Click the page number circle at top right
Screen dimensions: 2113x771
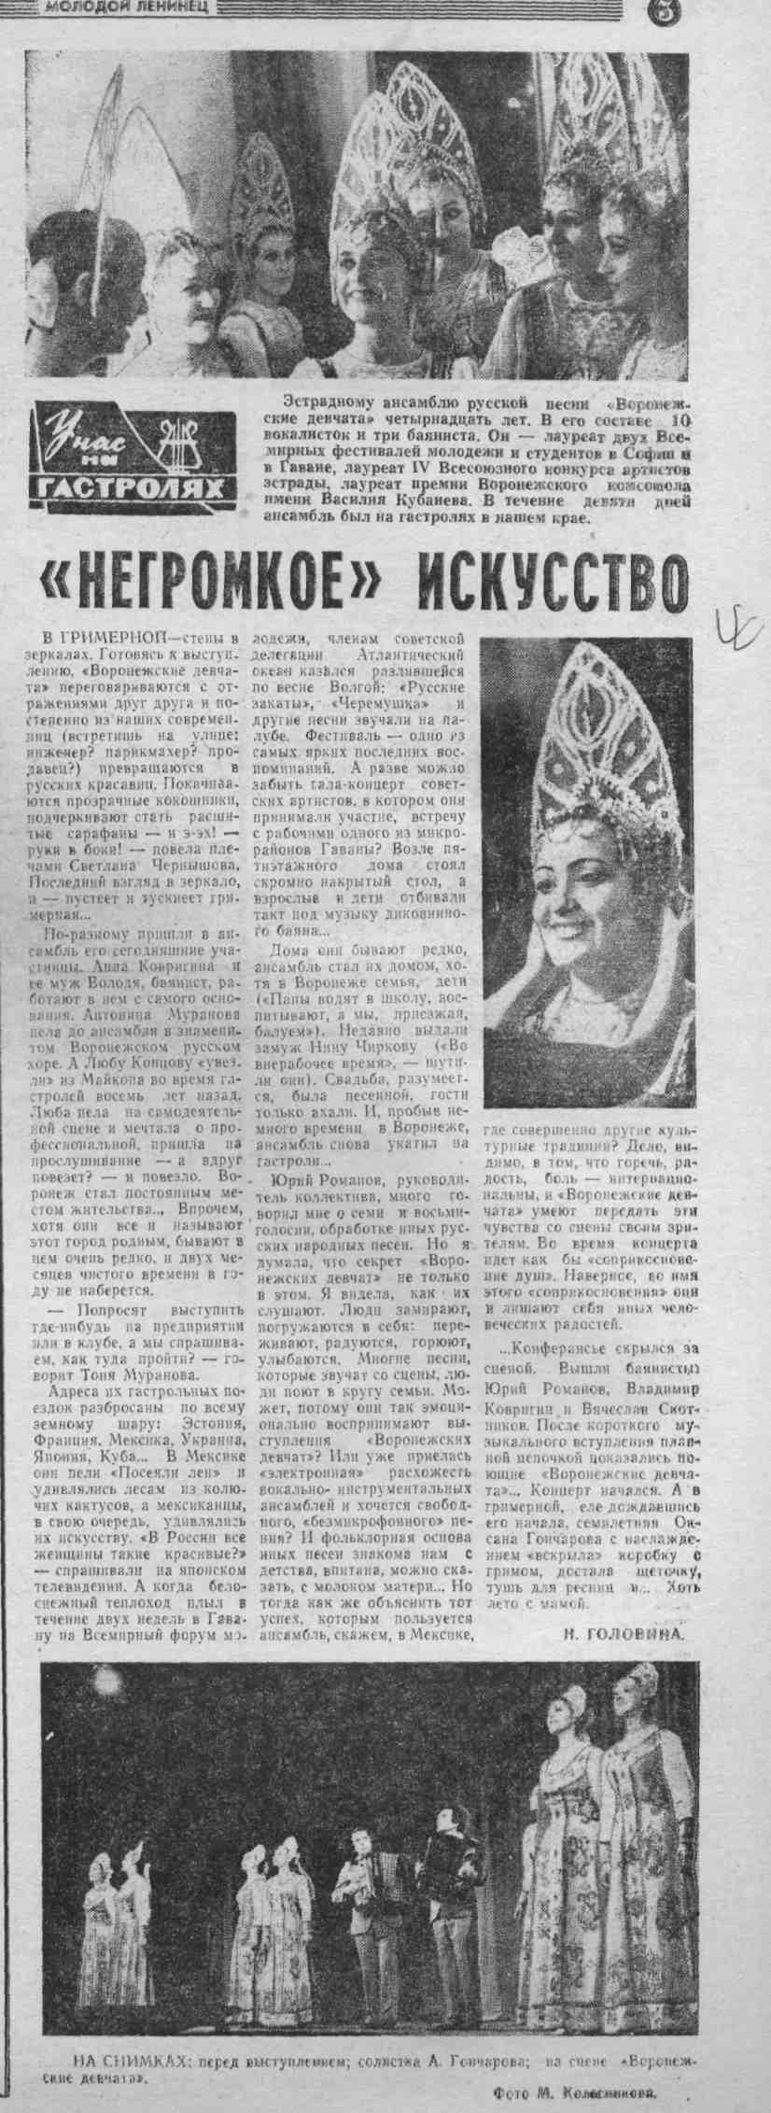point(752,11)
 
